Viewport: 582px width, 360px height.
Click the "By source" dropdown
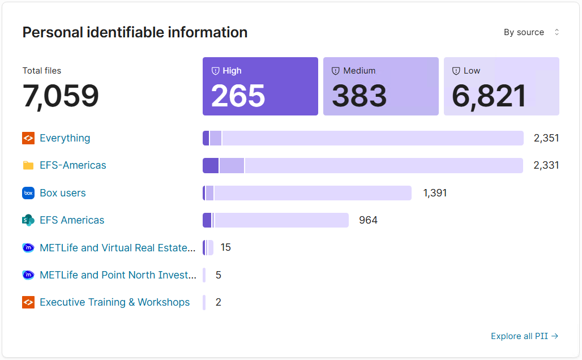pos(531,32)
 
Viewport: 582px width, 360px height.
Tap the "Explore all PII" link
pos(524,336)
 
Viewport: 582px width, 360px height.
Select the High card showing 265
pos(260,86)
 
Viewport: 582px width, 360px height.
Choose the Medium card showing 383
pos(380,86)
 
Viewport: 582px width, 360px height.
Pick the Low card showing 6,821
pos(501,86)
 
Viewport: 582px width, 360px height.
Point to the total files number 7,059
pos(61,96)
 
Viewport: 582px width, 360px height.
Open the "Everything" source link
pos(65,138)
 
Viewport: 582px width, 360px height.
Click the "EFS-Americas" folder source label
pos(72,165)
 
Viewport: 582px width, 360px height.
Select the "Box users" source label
pos(62,193)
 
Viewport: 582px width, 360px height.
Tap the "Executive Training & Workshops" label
pos(114,302)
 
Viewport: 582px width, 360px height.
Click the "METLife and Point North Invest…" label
pos(118,275)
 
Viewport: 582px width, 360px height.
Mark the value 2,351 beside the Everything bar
pos(546,138)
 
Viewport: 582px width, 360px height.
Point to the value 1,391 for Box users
pos(435,193)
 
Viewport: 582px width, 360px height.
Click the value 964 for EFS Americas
pos(368,220)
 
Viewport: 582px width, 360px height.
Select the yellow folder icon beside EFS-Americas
pos(28,165)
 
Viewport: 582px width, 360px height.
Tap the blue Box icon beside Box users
pos(28,193)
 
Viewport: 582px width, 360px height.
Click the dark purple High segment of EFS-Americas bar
pos(211,165)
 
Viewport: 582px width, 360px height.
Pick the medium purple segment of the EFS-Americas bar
pos(232,165)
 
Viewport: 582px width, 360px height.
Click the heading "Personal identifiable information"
pos(135,32)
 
